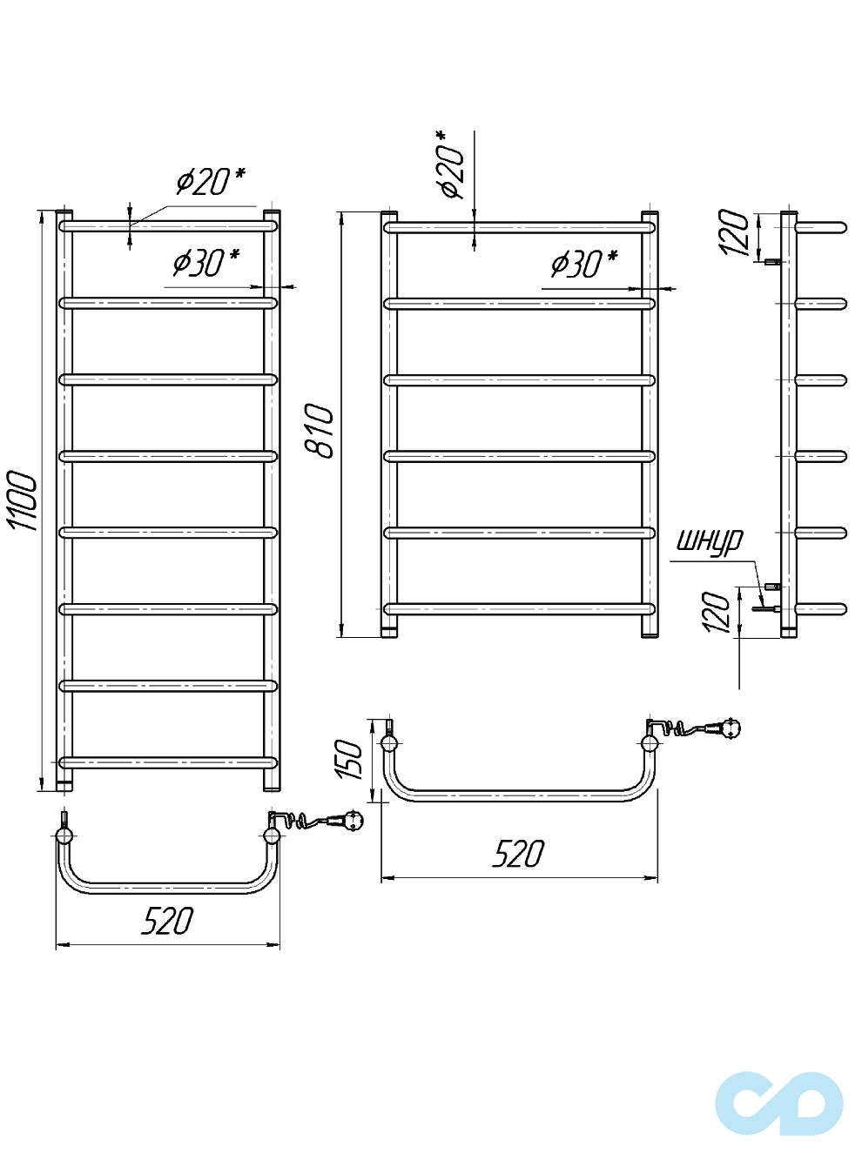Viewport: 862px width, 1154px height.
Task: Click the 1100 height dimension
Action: pyautogui.click(x=23, y=500)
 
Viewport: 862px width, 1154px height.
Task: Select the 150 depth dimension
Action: pyautogui.click(x=348, y=759)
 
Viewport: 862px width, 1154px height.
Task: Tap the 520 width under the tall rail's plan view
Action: pyautogui.click(x=167, y=921)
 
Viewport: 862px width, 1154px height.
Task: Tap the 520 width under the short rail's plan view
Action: pyautogui.click(x=518, y=854)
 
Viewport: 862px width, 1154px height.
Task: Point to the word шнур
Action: pyautogui.click(x=710, y=540)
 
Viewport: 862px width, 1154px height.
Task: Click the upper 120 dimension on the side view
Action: pyautogui.click(x=734, y=231)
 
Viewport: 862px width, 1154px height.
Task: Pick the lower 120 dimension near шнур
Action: pyautogui.click(x=717, y=612)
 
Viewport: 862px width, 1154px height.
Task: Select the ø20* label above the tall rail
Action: pyautogui.click(x=210, y=181)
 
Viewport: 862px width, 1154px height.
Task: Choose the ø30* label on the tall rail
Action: pyautogui.click(x=205, y=261)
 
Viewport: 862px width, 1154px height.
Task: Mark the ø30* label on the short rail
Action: pyautogui.click(x=583, y=263)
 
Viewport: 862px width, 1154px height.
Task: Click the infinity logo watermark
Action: pyautogui.click(x=778, y=1103)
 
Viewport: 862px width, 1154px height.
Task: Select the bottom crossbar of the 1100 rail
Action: pyautogui.click(x=168, y=762)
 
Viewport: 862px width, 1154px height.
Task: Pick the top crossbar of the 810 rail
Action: pyautogui.click(x=519, y=227)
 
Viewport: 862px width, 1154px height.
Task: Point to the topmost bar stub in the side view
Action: pyautogui.click(x=820, y=227)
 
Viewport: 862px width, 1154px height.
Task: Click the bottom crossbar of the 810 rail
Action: pyautogui.click(x=519, y=609)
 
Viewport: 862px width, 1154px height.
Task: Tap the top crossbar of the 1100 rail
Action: pyautogui.click(x=168, y=226)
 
